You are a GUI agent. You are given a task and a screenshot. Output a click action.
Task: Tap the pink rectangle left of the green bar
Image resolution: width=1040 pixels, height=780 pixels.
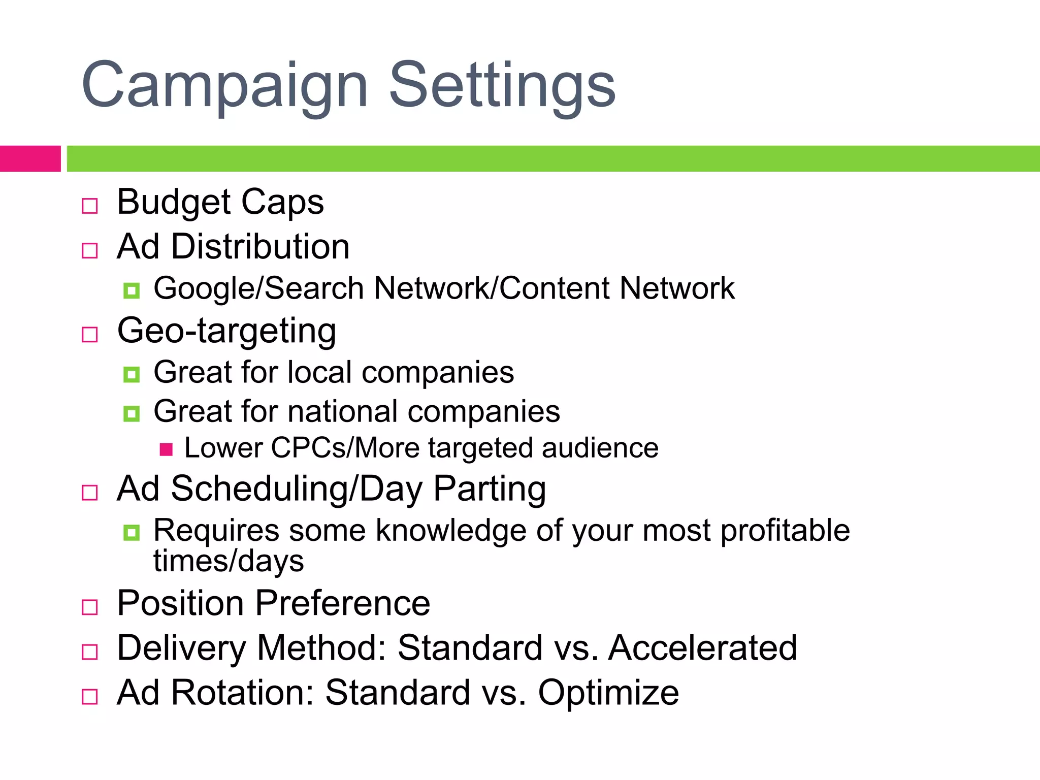(30, 158)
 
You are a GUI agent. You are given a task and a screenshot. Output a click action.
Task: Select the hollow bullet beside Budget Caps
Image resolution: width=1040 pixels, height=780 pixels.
(90, 206)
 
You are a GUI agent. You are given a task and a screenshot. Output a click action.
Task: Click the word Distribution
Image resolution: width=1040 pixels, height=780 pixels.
(260, 247)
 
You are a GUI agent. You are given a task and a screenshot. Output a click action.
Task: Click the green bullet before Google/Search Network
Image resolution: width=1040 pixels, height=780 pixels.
(132, 290)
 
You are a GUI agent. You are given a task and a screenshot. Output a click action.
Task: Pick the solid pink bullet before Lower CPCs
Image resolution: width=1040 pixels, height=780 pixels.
(166, 449)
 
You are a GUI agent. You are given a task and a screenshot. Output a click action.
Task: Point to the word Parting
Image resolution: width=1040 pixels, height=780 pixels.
(490, 489)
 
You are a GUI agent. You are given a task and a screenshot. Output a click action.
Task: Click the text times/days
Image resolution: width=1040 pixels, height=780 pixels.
(229, 562)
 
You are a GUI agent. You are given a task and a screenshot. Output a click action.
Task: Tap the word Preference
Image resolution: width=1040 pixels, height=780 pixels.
(342, 604)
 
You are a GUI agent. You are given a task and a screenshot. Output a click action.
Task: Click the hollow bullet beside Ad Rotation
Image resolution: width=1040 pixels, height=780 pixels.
(90, 696)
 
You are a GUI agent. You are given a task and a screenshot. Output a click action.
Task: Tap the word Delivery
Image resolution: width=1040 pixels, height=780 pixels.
(181, 648)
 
